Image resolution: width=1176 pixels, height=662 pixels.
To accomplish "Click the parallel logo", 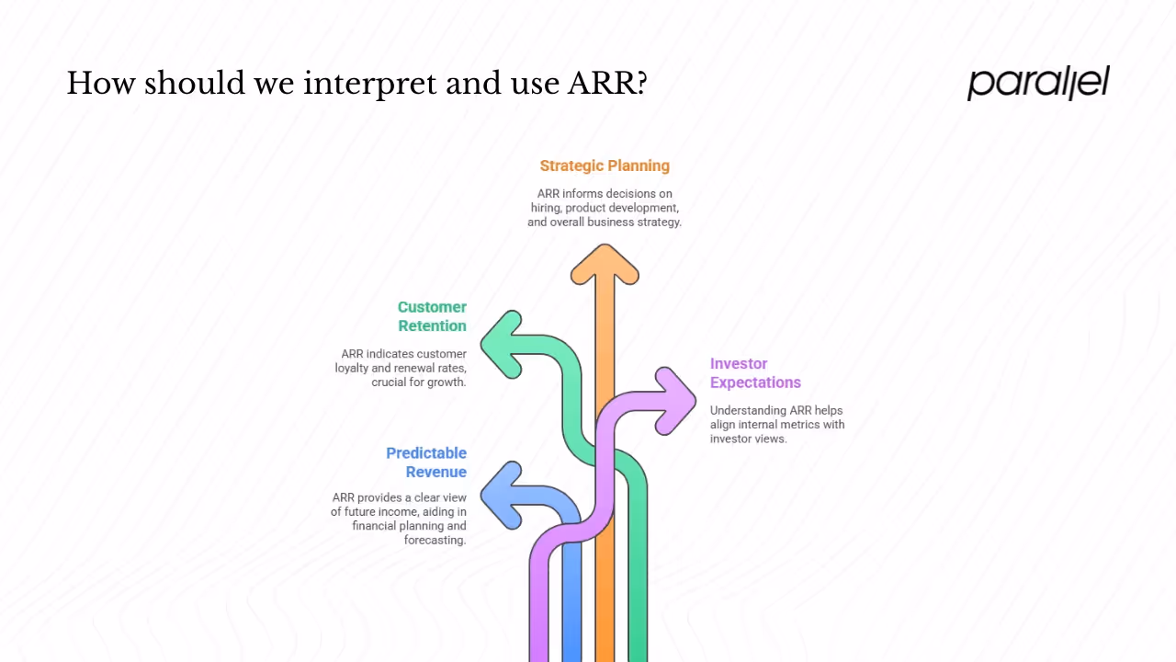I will pos(1038,83).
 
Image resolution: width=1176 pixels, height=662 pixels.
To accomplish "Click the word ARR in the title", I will pos(600,84).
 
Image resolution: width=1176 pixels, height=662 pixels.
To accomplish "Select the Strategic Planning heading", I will pos(605,165).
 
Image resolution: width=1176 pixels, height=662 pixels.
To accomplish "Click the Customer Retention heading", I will pos(432,316).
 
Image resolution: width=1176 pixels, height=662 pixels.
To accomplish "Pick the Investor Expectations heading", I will pos(755,373).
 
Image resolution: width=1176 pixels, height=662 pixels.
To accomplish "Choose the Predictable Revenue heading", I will pos(426,462).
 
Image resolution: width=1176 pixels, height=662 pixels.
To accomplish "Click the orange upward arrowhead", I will pos(605,265).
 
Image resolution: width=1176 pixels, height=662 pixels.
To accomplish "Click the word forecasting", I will pos(435,540).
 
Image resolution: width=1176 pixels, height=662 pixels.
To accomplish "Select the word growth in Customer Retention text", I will pos(447,382).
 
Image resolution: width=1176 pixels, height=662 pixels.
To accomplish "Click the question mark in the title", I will pos(640,84).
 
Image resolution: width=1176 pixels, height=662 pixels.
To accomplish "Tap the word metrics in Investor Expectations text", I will pos(796,425).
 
